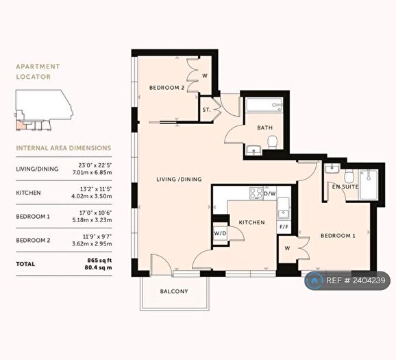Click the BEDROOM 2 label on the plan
pyautogui.click(x=167, y=88)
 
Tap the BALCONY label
pyautogui.click(x=174, y=291)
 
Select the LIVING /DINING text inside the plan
pyautogui.click(x=179, y=179)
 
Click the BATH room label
pyautogui.click(x=266, y=128)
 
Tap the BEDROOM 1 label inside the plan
pyautogui.click(x=339, y=236)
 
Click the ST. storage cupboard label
pyautogui.click(x=206, y=110)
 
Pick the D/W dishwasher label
pyautogui.click(x=270, y=193)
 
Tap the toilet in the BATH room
pyautogui.click(x=273, y=142)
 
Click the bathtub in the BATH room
pyautogui.click(x=264, y=106)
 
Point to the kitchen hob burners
pyautogui.click(x=257, y=193)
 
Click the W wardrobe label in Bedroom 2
pyautogui.click(x=204, y=75)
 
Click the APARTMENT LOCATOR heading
pyautogui.click(x=38, y=72)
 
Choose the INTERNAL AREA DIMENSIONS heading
pyautogui.click(x=63, y=147)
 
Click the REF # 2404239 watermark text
pyautogui.click(x=358, y=280)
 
